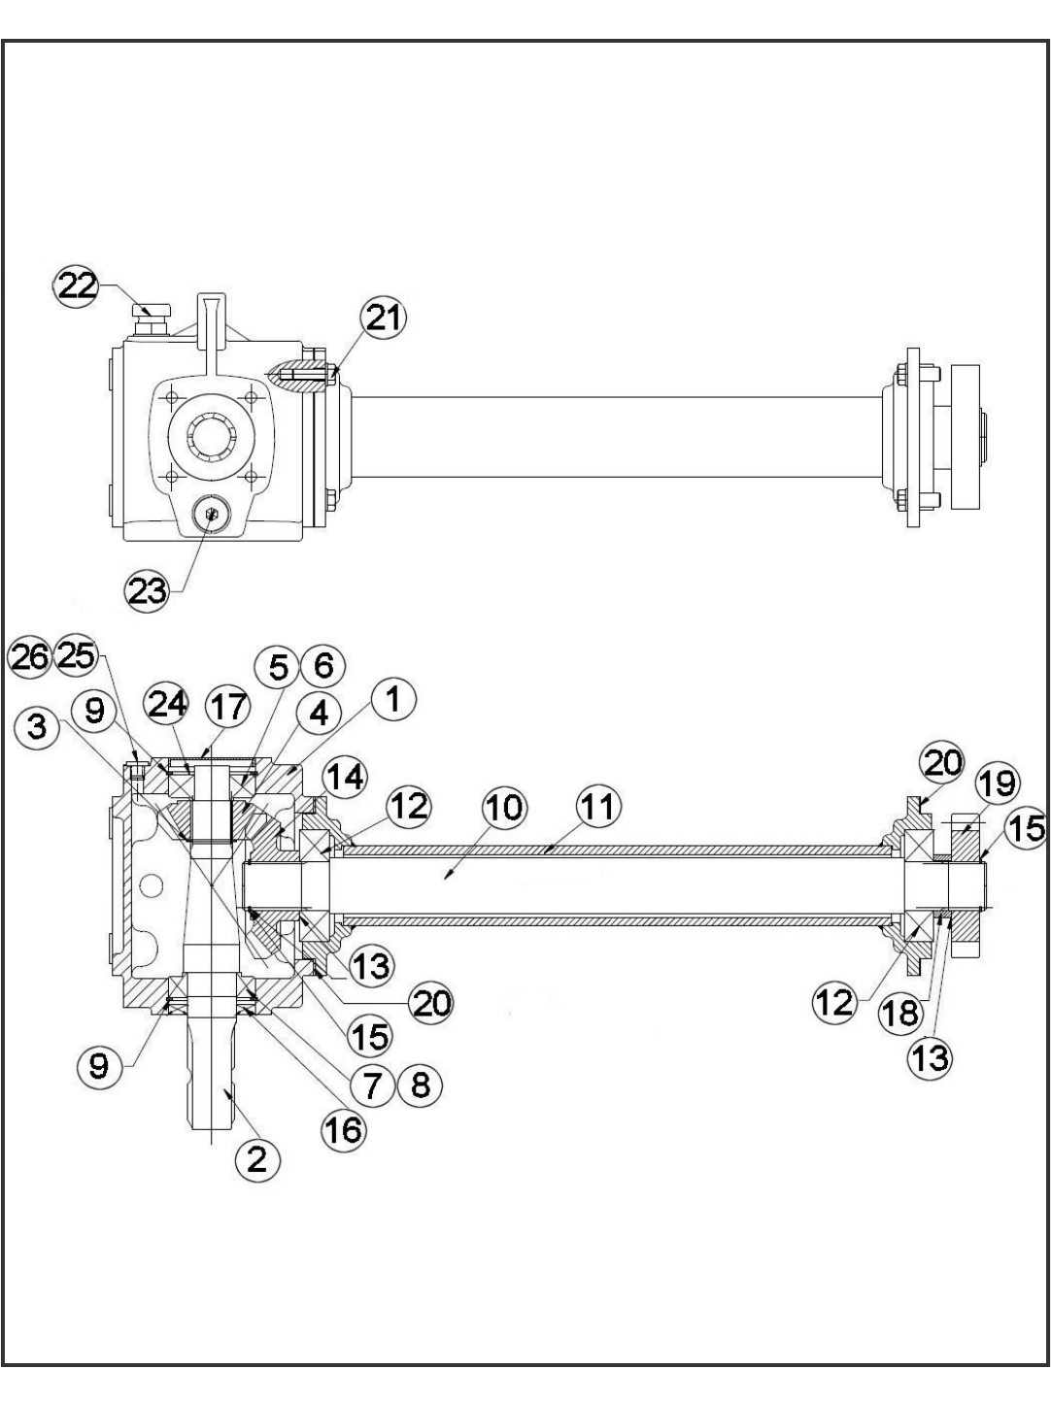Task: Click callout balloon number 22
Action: pyautogui.click(x=75, y=285)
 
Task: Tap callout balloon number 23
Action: pyautogui.click(x=148, y=589)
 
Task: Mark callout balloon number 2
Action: pyautogui.click(x=256, y=1158)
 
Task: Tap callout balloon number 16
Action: pyautogui.click(x=343, y=1129)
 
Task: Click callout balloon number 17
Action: pyautogui.click(x=229, y=707)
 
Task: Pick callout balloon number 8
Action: pyautogui.click(x=420, y=1083)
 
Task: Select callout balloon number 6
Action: pyautogui.click(x=322, y=666)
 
